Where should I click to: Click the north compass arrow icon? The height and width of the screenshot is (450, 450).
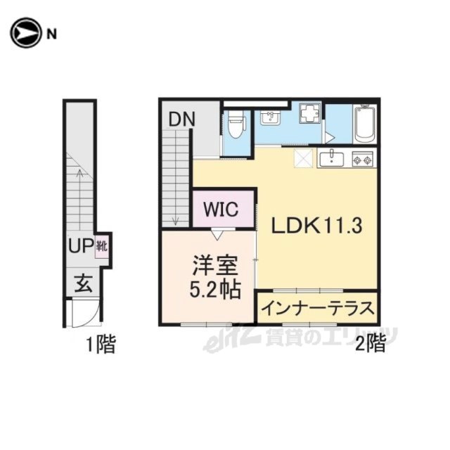tap(26, 33)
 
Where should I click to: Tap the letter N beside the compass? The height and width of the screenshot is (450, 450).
tap(51, 34)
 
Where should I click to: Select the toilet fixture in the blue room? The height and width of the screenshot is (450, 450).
tap(236, 125)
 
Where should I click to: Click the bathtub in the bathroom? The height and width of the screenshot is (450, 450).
tap(364, 124)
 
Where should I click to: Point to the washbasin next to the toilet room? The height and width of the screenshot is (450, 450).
tap(270, 117)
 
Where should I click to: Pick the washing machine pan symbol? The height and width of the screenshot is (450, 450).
tap(309, 113)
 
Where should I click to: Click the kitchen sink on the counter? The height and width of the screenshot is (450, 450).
tap(332, 159)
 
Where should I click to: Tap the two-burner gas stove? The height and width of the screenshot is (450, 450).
tap(363, 159)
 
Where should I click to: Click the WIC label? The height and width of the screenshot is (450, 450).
tap(221, 209)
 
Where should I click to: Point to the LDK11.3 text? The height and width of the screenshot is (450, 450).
tap(316, 226)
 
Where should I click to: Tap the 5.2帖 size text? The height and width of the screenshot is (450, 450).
tap(214, 290)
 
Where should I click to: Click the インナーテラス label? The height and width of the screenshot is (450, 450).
tap(318, 308)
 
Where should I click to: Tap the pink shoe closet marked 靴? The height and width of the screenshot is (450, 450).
tap(101, 246)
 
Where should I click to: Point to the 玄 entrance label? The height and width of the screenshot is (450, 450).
tap(84, 283)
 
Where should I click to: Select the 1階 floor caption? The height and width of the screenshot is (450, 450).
tap(101, 345)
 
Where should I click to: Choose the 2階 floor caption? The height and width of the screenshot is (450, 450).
tap(371, 344)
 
